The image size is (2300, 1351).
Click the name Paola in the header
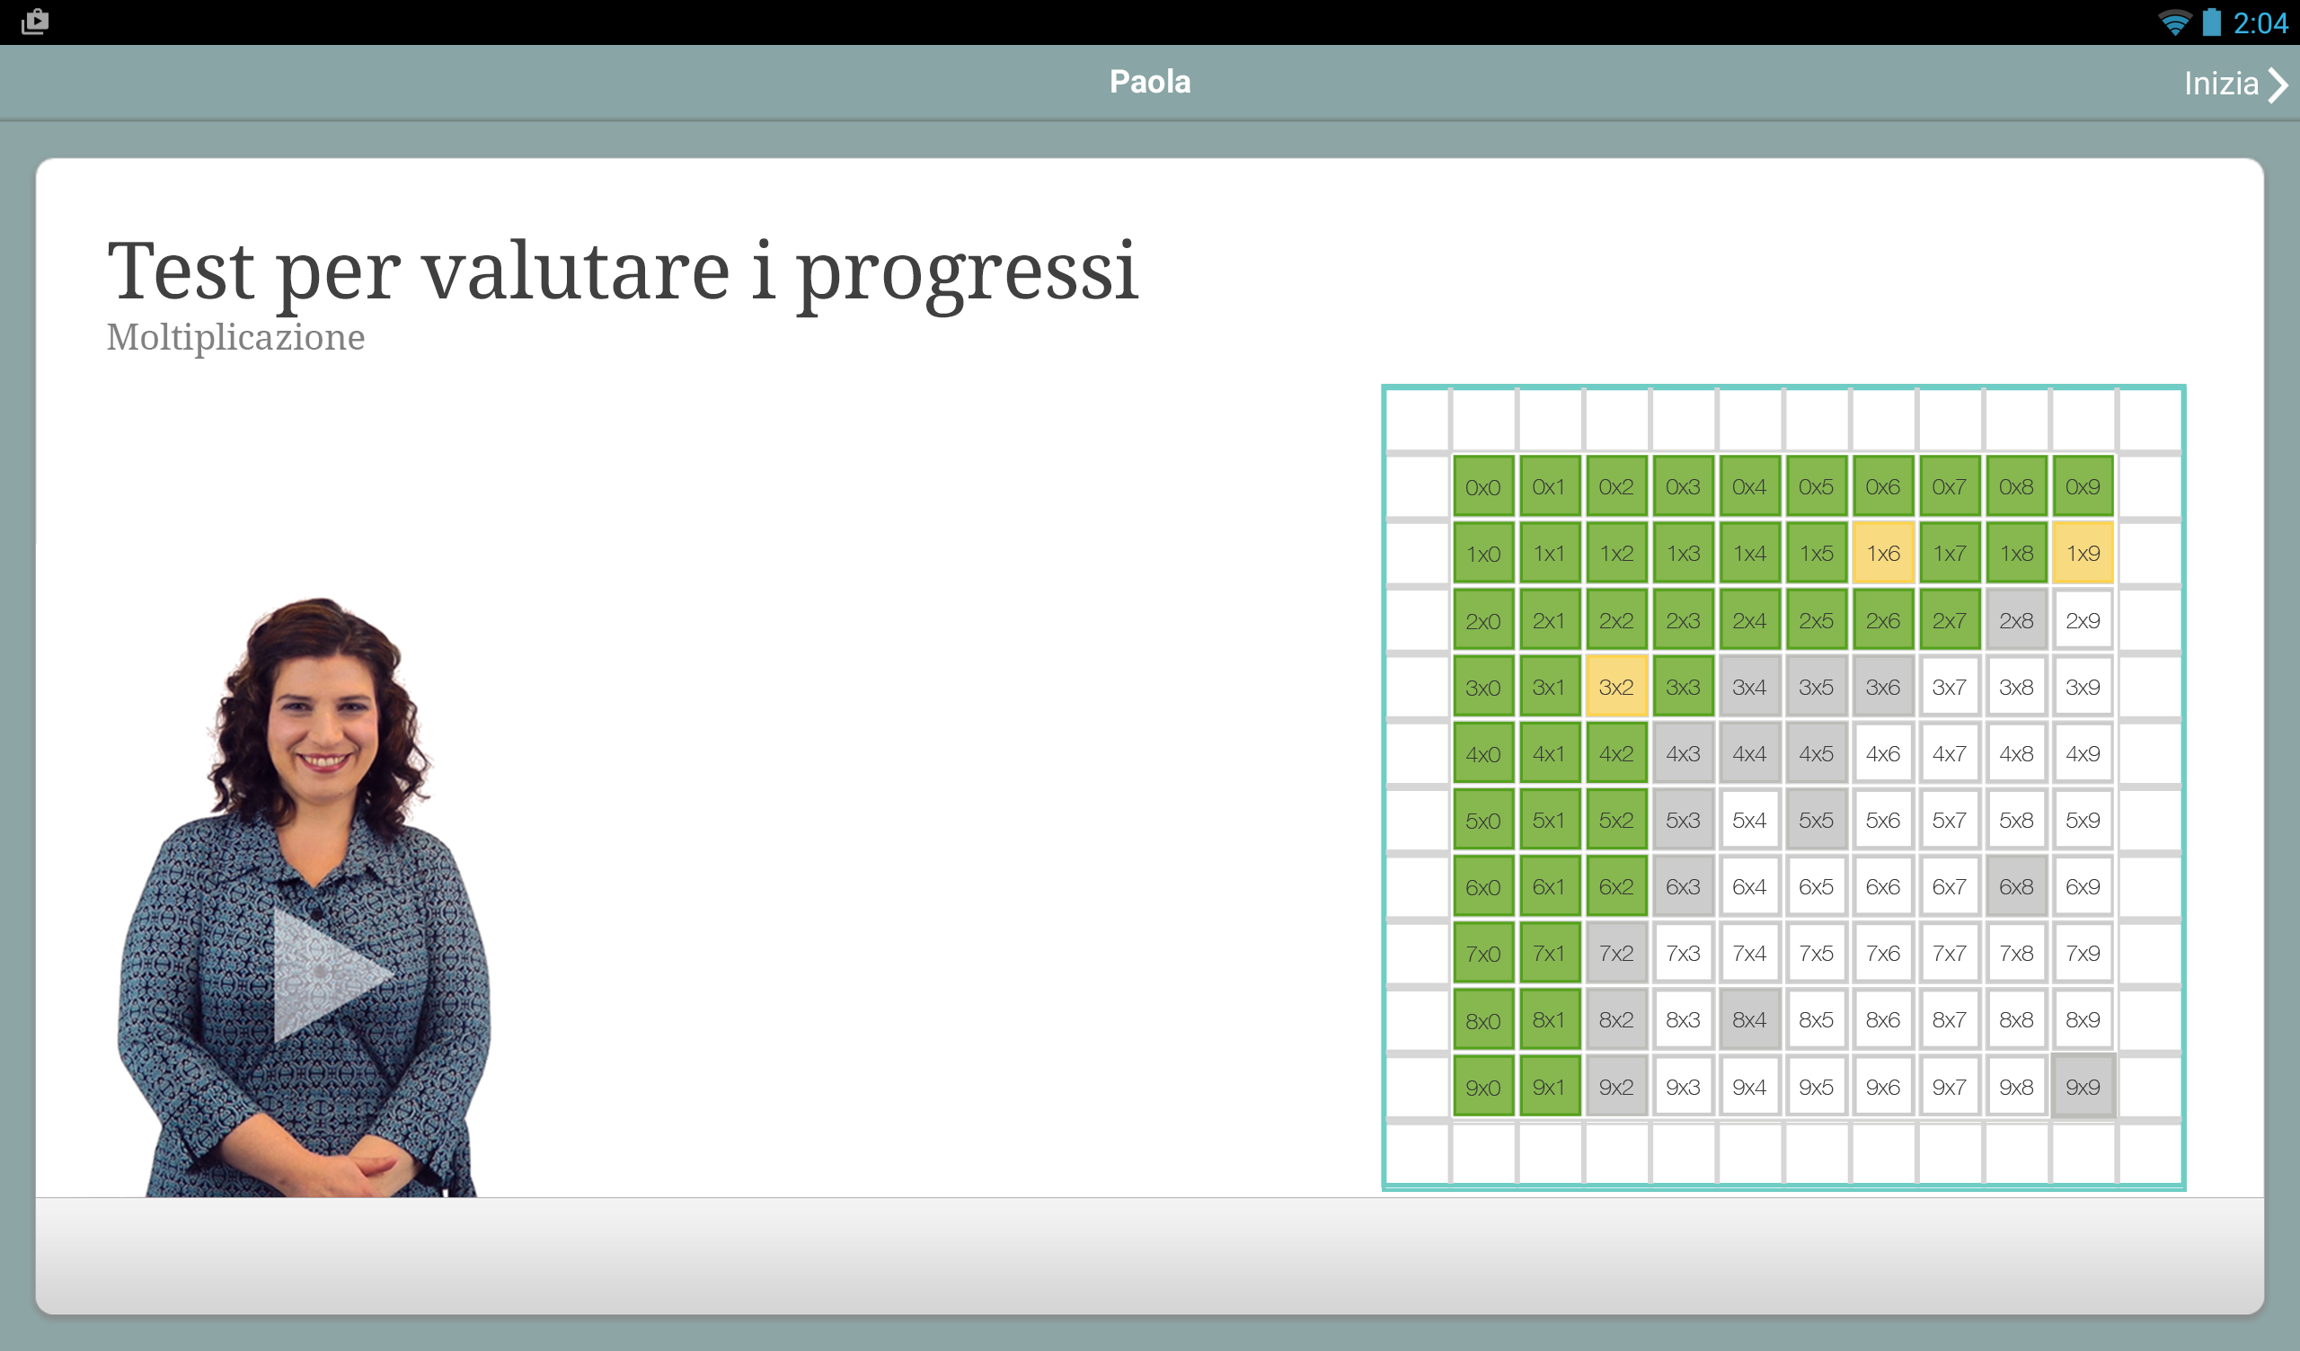[x=1150, y=82]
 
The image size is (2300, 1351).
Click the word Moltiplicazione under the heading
[x=235, y=338]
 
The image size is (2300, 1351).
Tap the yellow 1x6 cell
[x=1883, y=553]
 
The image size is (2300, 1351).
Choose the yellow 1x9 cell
[x=2083, y=553]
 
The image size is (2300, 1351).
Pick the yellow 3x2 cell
[x=1616, y=687]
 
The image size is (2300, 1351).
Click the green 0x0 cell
[x=1483, y=486]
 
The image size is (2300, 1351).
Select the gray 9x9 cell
[x=2083, y=1086]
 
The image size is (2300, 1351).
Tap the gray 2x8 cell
[x=2016, y=620]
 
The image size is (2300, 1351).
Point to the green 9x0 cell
[x=1483, y=1086]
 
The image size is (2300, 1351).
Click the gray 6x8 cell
[x=2016, y=886]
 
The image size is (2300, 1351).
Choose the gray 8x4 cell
[x=1749, y=1019]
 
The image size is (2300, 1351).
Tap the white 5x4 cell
[x=1749, y=820]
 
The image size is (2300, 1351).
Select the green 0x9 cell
[x=2083, y=486]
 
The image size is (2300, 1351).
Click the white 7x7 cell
[x=1950, y=953]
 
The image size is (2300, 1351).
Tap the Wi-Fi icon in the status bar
[x=2175, y=22]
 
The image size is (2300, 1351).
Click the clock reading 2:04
[x=2260, y=22]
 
